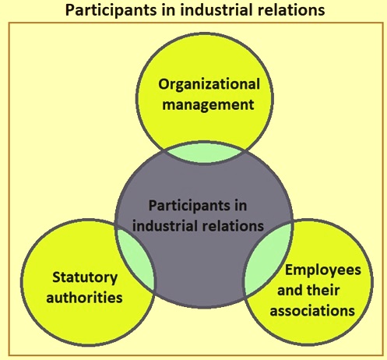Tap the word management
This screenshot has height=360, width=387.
208,105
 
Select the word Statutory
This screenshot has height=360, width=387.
85,278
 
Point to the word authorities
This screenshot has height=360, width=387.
84,297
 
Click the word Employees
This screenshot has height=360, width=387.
323,271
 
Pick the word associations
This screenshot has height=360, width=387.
312,310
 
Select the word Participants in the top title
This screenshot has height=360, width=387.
111,11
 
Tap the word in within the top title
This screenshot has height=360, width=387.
168,10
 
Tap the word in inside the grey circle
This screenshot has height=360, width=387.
241,206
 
